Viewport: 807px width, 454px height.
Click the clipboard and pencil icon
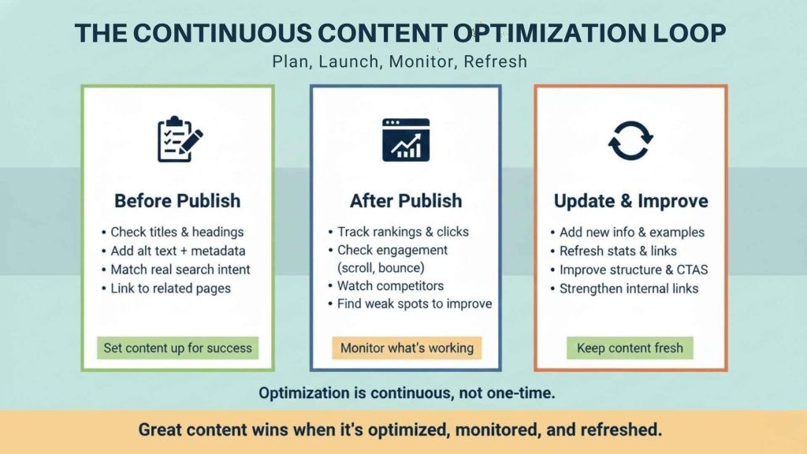178,140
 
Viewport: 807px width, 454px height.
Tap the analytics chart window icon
406,140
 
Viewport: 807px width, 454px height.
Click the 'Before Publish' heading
177,200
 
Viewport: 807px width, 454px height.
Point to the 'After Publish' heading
406,200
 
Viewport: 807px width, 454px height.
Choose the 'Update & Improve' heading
630,200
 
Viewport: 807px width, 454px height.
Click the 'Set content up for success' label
177,348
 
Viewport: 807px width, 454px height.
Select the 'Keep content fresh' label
630,348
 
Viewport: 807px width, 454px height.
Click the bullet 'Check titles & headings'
177,232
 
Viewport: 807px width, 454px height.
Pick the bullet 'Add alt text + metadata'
177,251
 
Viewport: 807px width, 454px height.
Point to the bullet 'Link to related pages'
170,288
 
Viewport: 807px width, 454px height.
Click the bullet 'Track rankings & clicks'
403,232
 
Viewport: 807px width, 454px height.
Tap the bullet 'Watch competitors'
390,285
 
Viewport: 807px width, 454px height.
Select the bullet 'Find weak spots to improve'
414,304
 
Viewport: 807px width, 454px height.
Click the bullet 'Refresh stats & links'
618,251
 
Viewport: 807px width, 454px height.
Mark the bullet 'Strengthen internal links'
629,288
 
